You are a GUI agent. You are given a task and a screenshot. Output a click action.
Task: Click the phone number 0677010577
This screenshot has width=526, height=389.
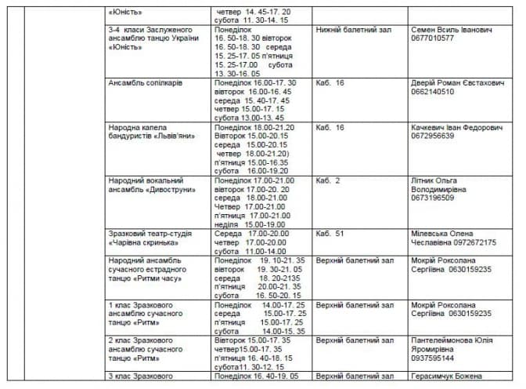(433, 38)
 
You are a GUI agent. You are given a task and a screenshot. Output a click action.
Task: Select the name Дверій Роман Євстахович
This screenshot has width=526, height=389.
(458, 82)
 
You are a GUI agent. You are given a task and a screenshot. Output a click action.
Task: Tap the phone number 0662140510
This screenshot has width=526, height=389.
(433, 91)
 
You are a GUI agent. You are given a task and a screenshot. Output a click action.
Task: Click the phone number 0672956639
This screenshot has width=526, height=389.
(433, 135)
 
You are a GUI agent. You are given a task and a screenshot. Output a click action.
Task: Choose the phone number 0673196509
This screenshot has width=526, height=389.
(433, 198)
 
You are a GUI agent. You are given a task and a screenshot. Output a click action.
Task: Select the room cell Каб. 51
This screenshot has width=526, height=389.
(329, 234)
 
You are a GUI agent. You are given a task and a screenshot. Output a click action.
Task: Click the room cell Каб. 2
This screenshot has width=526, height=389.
(327, 180)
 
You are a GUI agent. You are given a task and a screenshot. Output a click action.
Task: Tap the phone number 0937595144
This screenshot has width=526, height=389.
(433, 358)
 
